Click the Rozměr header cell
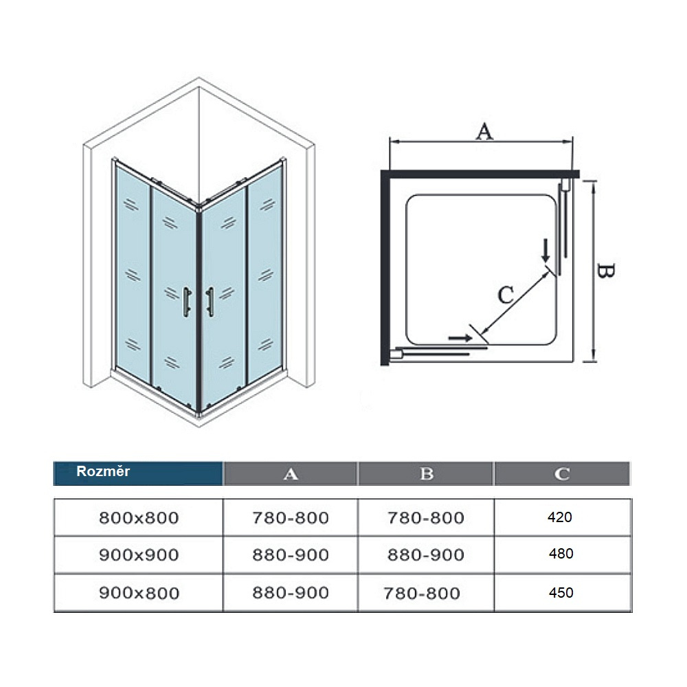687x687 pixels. [137, 473]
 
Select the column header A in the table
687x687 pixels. [291, 474]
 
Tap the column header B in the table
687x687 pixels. [427, 473]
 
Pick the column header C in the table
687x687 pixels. [562, 474]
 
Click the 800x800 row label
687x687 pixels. [139, 518]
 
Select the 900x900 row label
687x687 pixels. [139, 555]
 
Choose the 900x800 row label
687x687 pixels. [139, 594]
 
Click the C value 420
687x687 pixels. [560, 517]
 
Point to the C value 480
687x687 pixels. [561, 554]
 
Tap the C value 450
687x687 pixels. [561, 593]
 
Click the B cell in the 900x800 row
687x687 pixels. [422, 594]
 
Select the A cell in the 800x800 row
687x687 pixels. [291, 518]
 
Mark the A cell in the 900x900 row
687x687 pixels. [291, 555]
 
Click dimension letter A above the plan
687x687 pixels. [484, 131]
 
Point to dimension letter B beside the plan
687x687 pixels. [606, 271]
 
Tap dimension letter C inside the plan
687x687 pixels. [506, 295]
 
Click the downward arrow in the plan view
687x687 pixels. [545, 251]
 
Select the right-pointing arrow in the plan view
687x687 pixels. [460, 338]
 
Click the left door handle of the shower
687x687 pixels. [187, 302]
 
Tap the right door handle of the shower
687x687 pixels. [210, 302]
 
